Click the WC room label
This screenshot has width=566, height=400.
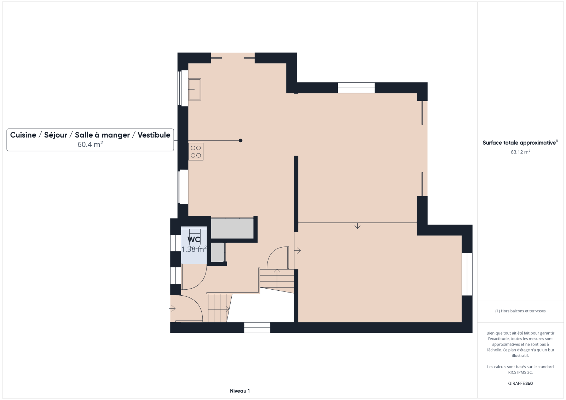pos(194,239)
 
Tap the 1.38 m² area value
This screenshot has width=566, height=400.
pos(194,249)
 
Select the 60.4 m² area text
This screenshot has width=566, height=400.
pos(90,144)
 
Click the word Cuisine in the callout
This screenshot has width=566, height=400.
pos(23,135)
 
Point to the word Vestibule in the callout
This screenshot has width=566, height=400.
pos(154,135)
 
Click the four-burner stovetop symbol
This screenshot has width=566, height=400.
pos(196,152)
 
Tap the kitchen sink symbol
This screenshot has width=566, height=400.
pos(195,89)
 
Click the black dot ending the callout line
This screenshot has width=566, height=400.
pos(241,140)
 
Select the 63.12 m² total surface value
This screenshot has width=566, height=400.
pos(520,152)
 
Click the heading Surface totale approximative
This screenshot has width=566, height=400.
pos(520,143)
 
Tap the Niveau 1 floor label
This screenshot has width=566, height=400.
pos(240,391)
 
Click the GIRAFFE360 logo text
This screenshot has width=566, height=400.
pos(520,383)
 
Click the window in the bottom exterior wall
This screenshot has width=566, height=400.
pos(257,328)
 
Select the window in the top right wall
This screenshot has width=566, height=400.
pos(356,88)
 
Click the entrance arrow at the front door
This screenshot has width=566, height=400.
pos(172,308)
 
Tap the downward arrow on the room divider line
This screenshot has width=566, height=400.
pos(357,226)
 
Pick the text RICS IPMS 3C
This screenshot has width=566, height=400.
pos(520,372)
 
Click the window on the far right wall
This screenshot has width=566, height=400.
pos(467,274)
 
